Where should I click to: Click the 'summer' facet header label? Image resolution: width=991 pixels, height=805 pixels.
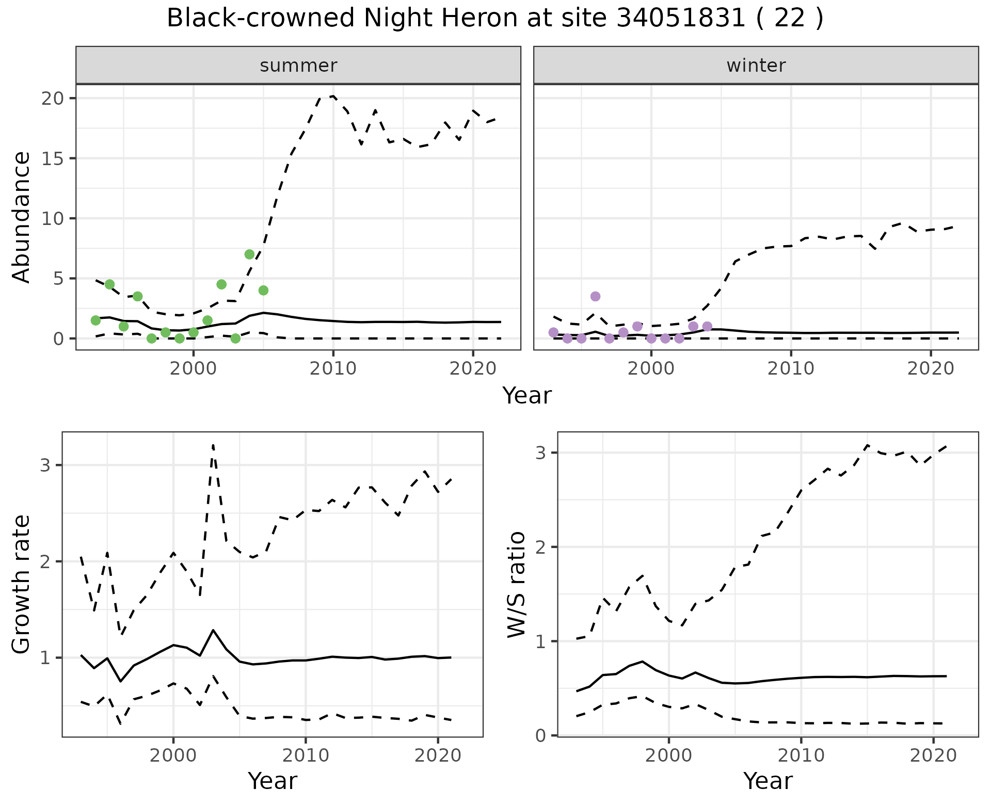pos(298,66)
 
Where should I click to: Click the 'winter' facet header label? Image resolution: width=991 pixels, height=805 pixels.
pos(756,66)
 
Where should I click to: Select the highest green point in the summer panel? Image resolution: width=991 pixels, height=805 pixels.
pos(249,254)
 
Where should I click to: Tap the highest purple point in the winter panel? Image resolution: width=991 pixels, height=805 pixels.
pos(595,296)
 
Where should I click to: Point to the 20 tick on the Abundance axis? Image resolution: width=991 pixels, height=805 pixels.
pos(51,98)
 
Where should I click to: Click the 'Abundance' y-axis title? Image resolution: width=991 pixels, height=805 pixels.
pos(22,217)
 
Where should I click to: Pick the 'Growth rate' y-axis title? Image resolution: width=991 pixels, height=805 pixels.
pos(22,584)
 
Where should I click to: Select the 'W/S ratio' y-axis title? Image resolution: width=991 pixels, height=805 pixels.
pos(516,584)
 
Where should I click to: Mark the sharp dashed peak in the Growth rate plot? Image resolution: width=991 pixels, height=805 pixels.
pos(213,445)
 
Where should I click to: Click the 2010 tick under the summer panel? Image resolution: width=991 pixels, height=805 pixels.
pos(333,368)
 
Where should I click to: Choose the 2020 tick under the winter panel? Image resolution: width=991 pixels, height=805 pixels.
pos(931,368)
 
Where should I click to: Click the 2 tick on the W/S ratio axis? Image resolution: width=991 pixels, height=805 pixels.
pos(540,547)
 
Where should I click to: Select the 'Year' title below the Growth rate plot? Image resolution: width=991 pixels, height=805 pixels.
pos(273,781)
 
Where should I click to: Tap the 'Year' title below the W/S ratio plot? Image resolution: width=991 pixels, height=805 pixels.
pos(768,781)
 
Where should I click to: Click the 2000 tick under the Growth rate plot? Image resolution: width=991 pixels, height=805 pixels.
pos(173,756)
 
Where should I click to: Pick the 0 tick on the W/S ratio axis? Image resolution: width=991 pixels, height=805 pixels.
pos(540,735)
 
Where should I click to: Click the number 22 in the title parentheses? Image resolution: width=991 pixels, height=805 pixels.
pos(790,19)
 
